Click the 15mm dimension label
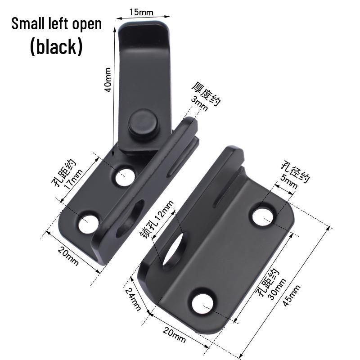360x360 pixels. tap(141, 12)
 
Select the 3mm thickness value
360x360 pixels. tap(199, 103)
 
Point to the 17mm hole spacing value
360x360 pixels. tap(73, 179)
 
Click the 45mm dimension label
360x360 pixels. tap(291, 296)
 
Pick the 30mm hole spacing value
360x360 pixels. tap(277, 289)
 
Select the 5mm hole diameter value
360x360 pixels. tap(288, 181)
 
